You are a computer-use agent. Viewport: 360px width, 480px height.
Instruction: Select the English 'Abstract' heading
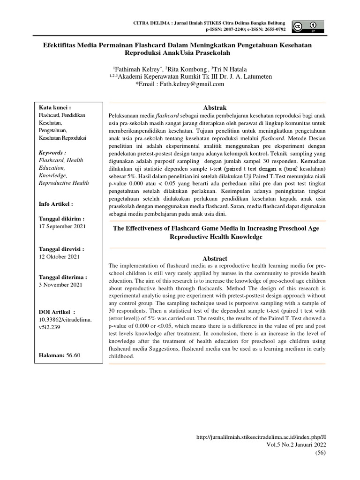coord(215,258)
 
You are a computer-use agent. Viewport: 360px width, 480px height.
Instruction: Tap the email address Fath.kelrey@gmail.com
coord(173,84)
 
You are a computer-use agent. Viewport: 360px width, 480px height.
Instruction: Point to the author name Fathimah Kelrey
coord(133,68)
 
